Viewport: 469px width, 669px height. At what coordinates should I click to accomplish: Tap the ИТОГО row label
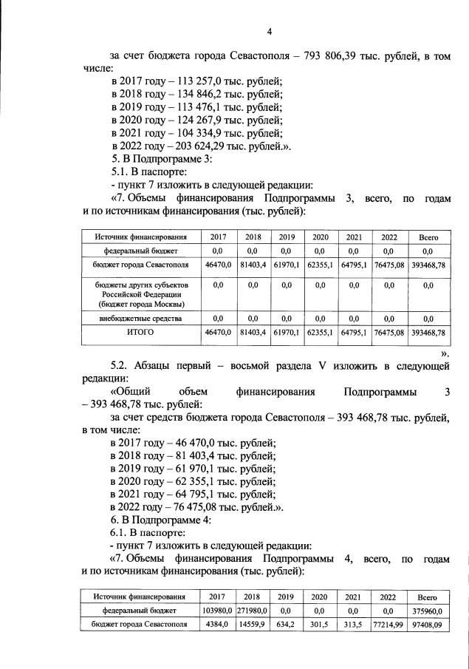tap(140, 333)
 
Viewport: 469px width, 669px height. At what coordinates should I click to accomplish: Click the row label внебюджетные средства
tap(140, 318)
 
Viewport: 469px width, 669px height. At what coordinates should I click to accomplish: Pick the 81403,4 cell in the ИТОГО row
tap(253, 333)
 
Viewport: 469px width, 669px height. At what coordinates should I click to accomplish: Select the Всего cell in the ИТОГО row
tap(428, 333)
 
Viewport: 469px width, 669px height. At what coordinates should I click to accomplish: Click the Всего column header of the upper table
tap(428, 237)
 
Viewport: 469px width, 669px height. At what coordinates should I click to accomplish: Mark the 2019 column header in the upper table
tap(287, 237)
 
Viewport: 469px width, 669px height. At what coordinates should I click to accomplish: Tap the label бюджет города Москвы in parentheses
tap(140, 303)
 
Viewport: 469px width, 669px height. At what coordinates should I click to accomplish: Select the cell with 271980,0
tap(253, 611)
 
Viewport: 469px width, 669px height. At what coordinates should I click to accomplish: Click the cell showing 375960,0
tap(428, 611)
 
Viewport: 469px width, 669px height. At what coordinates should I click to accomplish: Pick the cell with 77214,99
tap(388, 625)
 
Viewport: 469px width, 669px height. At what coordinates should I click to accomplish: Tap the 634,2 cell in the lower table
tap(284, 625)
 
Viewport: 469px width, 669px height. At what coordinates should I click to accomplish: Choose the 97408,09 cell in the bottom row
tap(428, 625)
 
